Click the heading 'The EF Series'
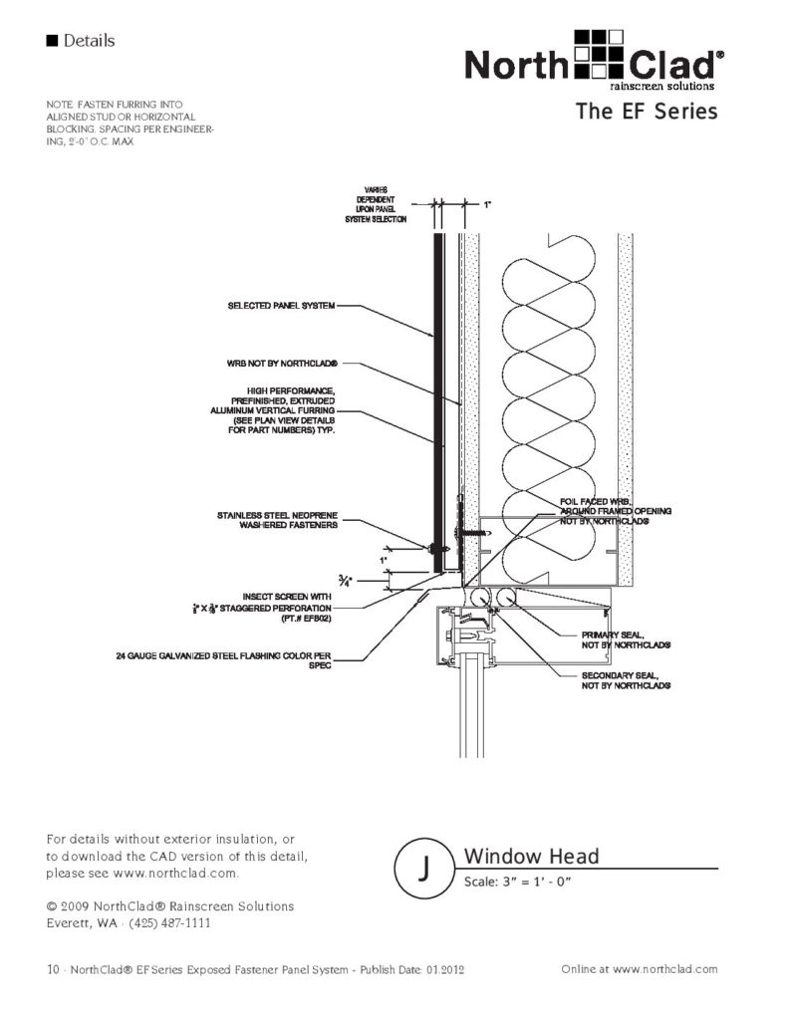click(x=646, y=112)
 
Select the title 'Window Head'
click(x=531, y=857)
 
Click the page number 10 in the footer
click(x=53, y=968)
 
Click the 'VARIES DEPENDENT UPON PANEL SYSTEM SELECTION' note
click(x=379, y=204)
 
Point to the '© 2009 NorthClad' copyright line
click(x=170, y=906)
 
